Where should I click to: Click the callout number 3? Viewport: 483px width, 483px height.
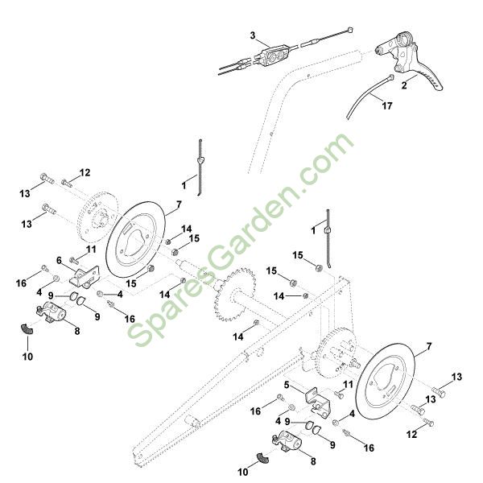(253, 35)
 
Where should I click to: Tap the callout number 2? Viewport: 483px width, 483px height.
(404, 85)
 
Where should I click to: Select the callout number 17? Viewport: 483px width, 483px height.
(387, 106)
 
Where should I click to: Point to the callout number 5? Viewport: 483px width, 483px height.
(287, 385)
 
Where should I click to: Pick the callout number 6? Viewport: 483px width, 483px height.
(59, 261)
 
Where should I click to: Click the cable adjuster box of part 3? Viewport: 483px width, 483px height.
(273, 54)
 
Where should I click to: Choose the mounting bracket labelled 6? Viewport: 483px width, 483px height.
(85, 277)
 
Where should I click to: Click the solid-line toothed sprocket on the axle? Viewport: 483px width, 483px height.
(235, 294)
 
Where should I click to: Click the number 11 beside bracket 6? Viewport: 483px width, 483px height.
(91, 250)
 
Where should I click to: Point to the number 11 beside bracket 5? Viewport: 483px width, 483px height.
(348, 385)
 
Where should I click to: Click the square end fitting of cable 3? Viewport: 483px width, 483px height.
(349, 30)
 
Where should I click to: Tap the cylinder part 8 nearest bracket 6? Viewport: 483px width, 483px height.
(52, 312)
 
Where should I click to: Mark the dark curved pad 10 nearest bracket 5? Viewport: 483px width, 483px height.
(262, 458)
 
